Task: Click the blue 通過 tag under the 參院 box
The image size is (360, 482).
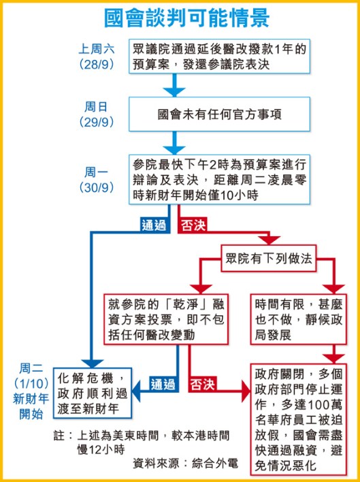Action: (154, 225)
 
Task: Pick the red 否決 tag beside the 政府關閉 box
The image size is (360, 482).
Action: (203, 382)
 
